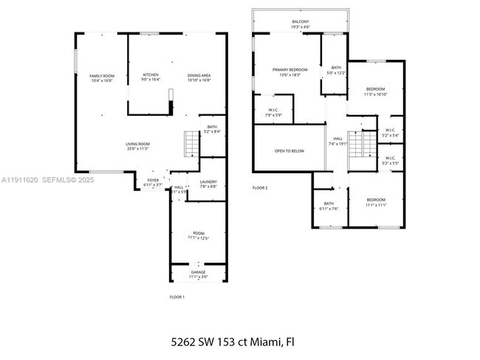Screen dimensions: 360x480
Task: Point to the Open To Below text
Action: pos(289,150)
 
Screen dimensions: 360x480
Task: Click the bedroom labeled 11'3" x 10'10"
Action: pos(375,91)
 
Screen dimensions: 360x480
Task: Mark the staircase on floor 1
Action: pos(191,144)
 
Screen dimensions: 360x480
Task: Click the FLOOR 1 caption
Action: pos(177,297)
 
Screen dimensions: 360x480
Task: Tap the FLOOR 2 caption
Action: pos(260,188)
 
